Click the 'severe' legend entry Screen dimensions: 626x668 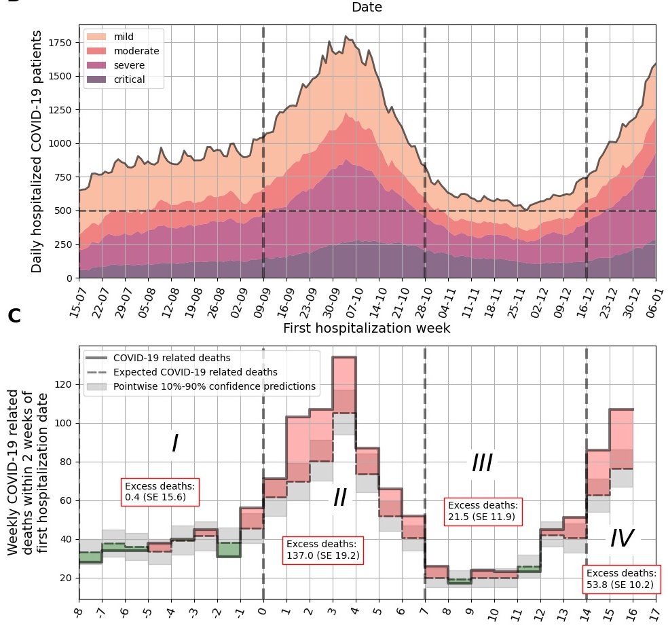pos(128,65)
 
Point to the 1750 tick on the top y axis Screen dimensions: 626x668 pos(63,43)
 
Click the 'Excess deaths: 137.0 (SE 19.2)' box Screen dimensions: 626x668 pos(322,550)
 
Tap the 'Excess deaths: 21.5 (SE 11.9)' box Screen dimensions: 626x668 pos(483,511)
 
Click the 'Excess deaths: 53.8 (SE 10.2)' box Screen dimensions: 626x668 pos(622,578)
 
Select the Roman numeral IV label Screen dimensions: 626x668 pos(621,539)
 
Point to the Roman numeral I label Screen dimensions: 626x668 pos(174,444)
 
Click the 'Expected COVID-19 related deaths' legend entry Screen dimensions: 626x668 pos(195,372)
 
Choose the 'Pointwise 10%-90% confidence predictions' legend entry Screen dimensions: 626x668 pos(215,386)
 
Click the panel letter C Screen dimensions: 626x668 pos(14,316)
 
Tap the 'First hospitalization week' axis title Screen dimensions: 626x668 pos(367,329)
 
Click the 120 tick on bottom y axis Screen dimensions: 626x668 pos(64,385)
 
